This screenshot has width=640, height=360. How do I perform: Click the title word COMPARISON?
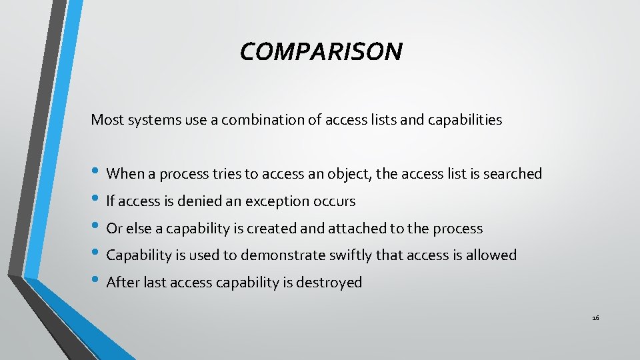pos(321,51)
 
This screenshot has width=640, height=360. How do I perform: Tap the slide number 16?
pos(595,318)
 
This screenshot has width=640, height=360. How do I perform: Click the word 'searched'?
pos(513,174)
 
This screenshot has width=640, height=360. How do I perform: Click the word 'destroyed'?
pos(327,283)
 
